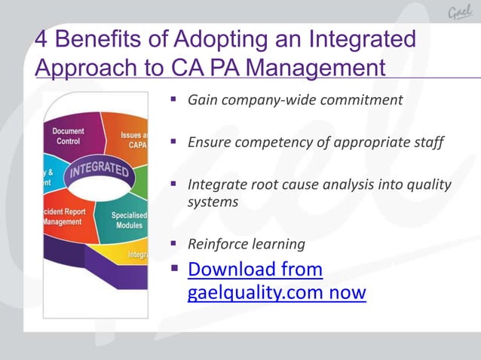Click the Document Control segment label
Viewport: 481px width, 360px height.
tap(68, 136)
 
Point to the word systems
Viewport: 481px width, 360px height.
tap(214, 202)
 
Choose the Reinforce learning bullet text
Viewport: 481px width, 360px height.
tap(246, 244)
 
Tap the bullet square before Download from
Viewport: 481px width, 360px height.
tap(174, 269)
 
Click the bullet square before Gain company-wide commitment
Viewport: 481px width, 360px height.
tap(174, 99)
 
